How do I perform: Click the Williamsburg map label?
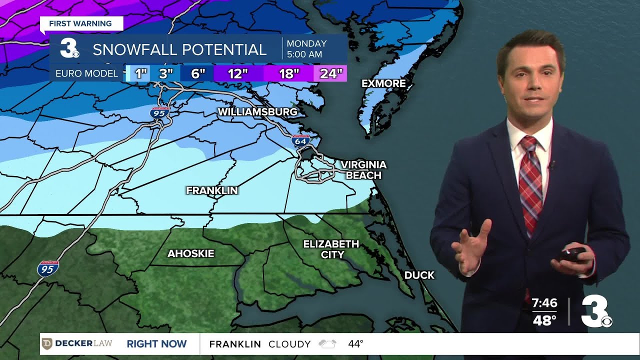[x=257, y=111]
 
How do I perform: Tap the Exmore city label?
[x=383, y=83]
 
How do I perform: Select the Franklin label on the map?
[x=211, y=190]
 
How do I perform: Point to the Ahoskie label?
[x=190, y=253]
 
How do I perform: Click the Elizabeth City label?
[x=331, y=249]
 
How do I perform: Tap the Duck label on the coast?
[x=419, y=275]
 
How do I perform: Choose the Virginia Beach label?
[x=363, y=170]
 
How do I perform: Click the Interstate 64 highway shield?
[x=300, y=140]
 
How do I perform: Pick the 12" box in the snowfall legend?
[x=238, y=74]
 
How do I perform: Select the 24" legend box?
[x=330, y=74]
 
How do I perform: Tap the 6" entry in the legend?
[x=198, y=74]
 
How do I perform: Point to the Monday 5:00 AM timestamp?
[x=306, y=49]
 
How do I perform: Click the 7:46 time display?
[x=544, y=303]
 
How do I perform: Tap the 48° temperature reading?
[x=544, y=320]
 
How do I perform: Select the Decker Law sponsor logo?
[x=77, y=343]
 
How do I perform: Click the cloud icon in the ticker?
[x=327, y=344]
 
